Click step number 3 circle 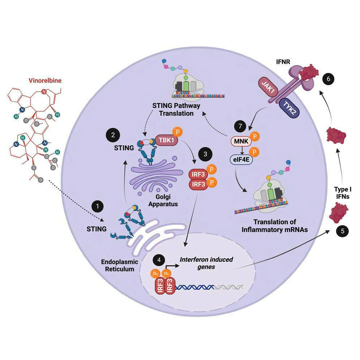click(x=206, y=154)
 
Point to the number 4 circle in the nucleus click(x=158, y=260)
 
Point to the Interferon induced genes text click(x=206, y=263)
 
